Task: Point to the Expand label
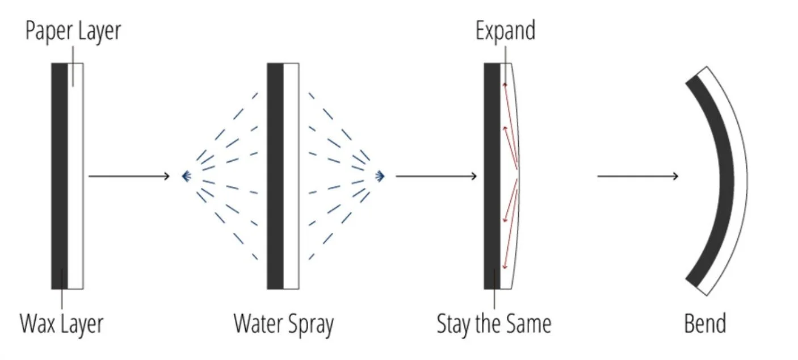(505, 31)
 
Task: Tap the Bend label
(705, 324)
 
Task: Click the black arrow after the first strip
(129, 176)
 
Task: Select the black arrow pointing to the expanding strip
(436, 176)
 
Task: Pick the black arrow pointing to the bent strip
(637, 176)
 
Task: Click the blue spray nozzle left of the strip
(186, 177)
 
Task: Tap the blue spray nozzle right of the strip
(380, 177)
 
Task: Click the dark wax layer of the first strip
(59, 176)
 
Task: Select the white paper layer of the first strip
(75, 176)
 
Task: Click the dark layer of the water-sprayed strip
(275, 176)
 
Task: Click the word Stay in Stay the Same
(453, 324)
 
